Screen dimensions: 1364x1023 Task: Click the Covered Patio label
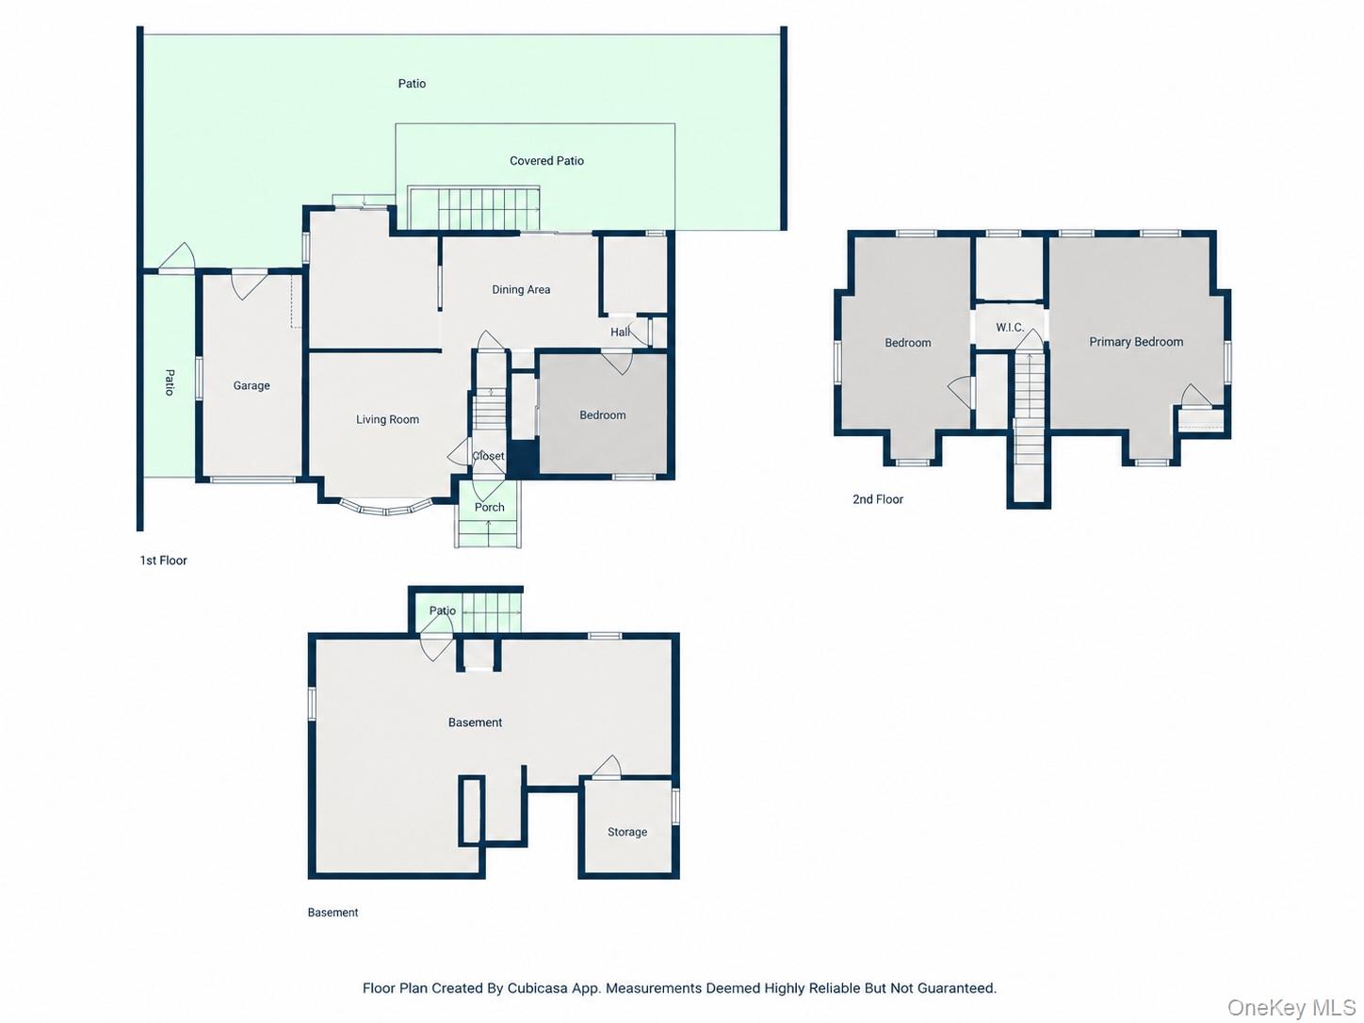(x=546, y=161)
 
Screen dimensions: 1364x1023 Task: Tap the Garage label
(x=252, y=385)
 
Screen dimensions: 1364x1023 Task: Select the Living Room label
(x=387, y=420)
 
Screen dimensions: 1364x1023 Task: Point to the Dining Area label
(x=521, y=289)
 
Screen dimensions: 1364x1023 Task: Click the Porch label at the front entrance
(x=489, y=508)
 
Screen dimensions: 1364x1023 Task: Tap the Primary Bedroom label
(x=1136, y=342)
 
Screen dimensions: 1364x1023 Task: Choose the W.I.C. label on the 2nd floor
(x=1010, y=327)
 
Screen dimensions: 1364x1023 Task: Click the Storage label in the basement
(x=627, y=832)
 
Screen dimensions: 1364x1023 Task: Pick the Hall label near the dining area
(x=620, y=333)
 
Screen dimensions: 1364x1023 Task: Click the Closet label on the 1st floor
(x=488, y=456)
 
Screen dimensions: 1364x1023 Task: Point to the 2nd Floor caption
(x=877, y=498)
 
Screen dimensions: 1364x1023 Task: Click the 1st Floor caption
(x=163, y=560)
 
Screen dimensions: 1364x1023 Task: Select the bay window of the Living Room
(x=386, y=507)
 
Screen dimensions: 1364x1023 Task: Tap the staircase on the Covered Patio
(x=474, y=208)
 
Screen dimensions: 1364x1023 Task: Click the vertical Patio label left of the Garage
(x=169, y=382)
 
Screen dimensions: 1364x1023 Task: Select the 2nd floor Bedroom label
(x=908, y=343)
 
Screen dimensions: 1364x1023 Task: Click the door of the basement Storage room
(x=607, y=767)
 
